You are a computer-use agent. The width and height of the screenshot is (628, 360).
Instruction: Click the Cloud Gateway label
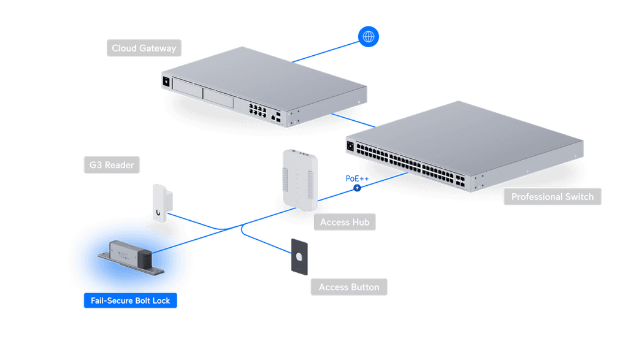click(x=144, y=48)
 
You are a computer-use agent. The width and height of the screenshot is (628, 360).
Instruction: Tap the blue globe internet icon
click(x=368, y=37)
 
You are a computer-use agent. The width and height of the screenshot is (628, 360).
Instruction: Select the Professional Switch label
click(x=553, y=197)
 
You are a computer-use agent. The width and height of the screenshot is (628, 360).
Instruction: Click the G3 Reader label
click(x=112, y=164)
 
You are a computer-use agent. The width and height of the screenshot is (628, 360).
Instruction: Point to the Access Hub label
click(x=345, y=222)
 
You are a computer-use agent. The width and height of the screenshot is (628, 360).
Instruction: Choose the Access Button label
click(x=349, y=287)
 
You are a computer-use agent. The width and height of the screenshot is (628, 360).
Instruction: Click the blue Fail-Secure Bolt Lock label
click(x=130, y=301)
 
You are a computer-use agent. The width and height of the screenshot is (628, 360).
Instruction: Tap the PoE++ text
click(x=357, y=178)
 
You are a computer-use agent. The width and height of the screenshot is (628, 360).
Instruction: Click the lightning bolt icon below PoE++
click(x=358, y=188)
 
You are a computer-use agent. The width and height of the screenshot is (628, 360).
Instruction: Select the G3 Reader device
click(x=162, y=203)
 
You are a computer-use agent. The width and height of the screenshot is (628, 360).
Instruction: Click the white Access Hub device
click(x=301, y=180)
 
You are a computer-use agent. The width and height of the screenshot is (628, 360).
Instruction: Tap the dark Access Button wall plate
click(x=299, y=257)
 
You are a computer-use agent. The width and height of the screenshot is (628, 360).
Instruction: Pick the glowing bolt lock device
click(x=131, y=258)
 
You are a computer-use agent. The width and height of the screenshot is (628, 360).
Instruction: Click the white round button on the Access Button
click(x=299, y=256)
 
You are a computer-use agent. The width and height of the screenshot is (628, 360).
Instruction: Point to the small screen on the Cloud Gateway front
click(x=166, y=82)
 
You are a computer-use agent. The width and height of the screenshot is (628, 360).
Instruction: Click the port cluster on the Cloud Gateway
click(x=258, y=110)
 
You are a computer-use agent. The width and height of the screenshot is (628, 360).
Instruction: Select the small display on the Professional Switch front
click(x=350, y=146)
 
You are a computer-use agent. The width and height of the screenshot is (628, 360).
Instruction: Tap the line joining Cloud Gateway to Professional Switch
click(x=353, y=121)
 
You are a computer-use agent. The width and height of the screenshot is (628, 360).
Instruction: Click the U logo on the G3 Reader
click(x=159, y=213)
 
